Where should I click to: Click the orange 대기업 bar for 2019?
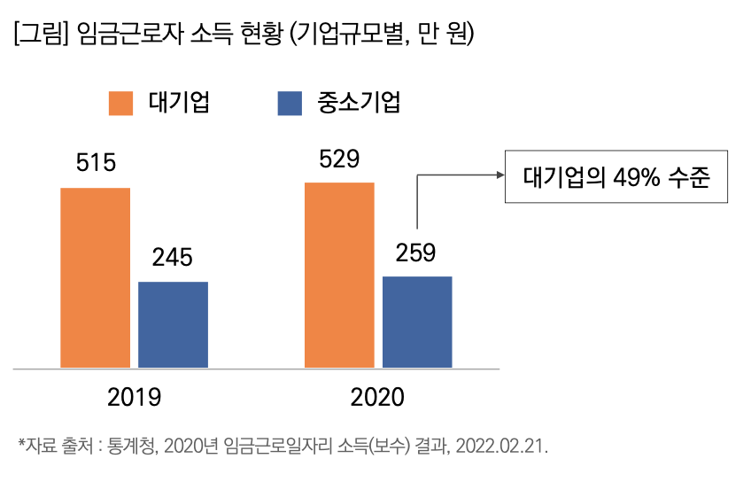tap(95, 277)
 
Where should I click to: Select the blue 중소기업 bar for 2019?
tap(173, 324)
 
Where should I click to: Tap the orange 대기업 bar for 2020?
tap(339, 275)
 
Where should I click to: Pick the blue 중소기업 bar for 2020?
tap(417, 322)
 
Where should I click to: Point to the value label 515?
tap(96, 163)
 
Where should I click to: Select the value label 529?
tap(339, 159)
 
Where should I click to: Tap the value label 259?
tap(416, 253)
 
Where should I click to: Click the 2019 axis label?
tap(134, 396)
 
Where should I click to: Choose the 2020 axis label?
tap(377, 396)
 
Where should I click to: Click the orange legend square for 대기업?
tap(121, 103)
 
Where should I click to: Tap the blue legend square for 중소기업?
tap(290, 103)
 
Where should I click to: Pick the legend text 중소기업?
tap(359, 103)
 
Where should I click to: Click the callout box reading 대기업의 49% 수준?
tap(616, 175)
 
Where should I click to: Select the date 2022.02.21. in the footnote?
tap(502, 445)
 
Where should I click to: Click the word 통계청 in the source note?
tap(133, 445)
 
